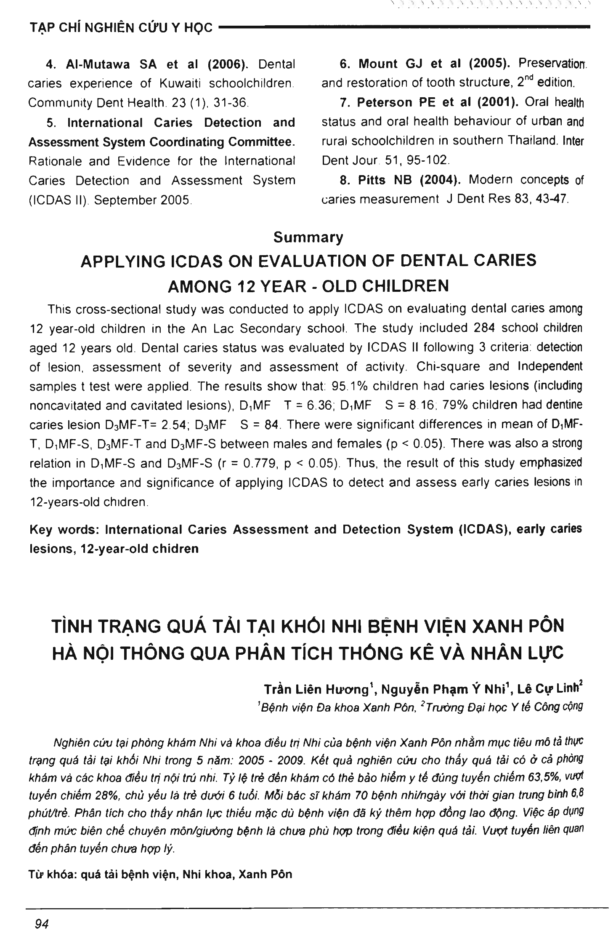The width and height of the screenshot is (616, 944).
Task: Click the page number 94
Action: (42, 924)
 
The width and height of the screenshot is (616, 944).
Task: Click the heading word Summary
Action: (308, 237)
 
